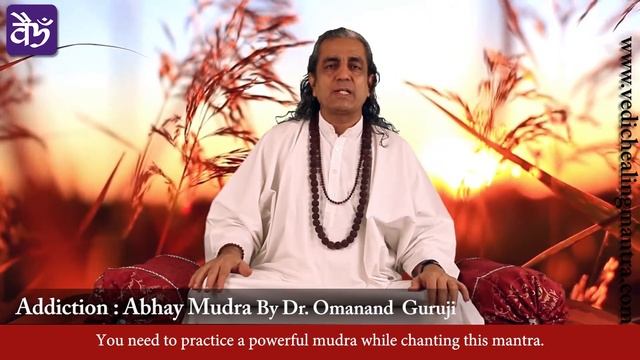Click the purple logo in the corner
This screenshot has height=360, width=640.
[x=32, y=29]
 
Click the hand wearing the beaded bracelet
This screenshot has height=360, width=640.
[x=214, y=268]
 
